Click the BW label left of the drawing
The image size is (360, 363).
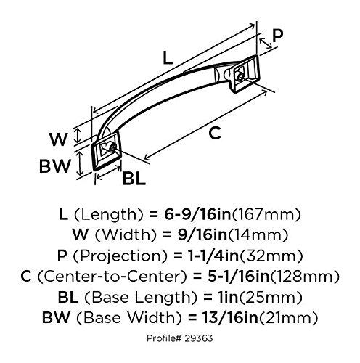[54, 166]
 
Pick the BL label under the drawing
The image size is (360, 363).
[133, 177]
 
